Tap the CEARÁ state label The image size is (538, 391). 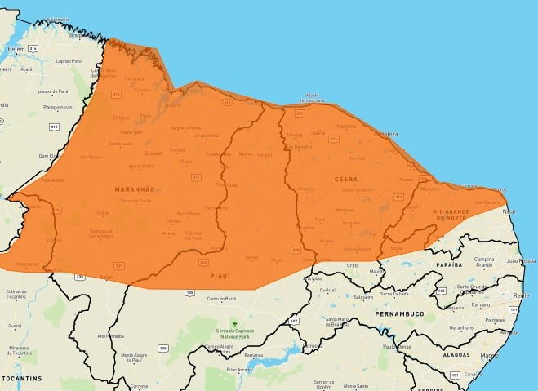[346, 177]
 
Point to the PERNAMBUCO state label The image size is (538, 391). [398, 313]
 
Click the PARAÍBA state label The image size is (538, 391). [450, 265]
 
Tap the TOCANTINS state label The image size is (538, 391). [21, 380]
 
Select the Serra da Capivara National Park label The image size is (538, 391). [239, 329]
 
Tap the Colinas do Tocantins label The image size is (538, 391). [16, 294]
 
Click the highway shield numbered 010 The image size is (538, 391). [54, 127]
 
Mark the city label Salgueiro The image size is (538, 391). [362, 298]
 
